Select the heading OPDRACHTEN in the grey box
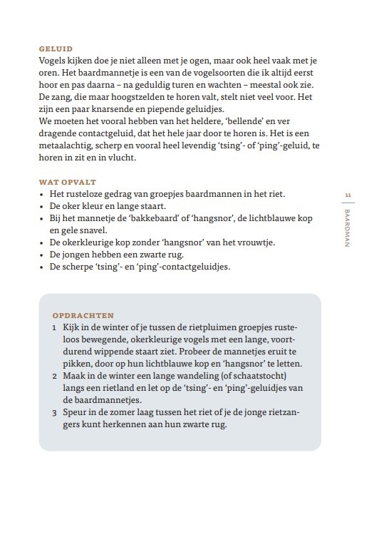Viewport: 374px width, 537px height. pos(83,314)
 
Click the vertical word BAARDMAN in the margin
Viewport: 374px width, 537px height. pos(348,228)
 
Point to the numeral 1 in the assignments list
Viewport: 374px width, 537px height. pos(55,327)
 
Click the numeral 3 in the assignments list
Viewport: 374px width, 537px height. pos(55,412)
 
